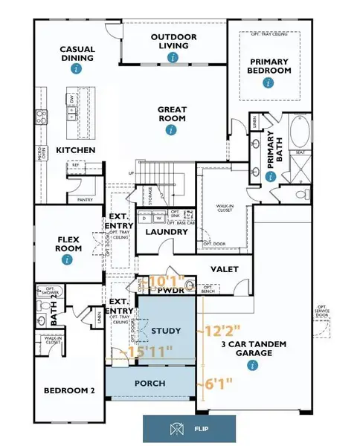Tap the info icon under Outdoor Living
(x=173, y=56)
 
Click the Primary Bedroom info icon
(x=268, y=83)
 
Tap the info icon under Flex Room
(x=68, y=260)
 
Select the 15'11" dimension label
(x=150, y=349)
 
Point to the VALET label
(x=224, y=268)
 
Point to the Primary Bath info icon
(x=271, y=176)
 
